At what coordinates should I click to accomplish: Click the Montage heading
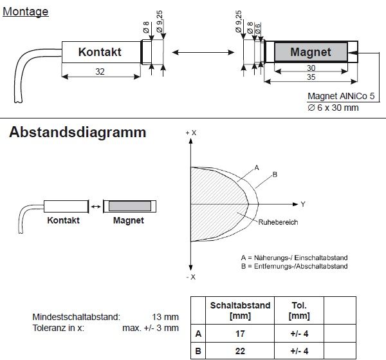click(x=26, y=11)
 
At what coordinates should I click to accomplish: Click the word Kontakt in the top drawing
click(x=100, y=52)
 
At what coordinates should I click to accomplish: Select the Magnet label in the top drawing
click(x=311, y=52)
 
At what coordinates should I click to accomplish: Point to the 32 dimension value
click(x=100, y=72)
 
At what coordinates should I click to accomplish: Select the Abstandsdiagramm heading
click(x=78, y=133)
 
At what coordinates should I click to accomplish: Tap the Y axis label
click(x=302, y=204)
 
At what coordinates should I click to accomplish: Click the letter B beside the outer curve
click(x=275, y=175)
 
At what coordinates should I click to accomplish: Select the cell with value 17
click(x=240, y=334)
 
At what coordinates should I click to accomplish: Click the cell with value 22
click(x=240, y=352)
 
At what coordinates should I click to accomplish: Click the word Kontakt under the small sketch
click(x=63, y=220)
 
